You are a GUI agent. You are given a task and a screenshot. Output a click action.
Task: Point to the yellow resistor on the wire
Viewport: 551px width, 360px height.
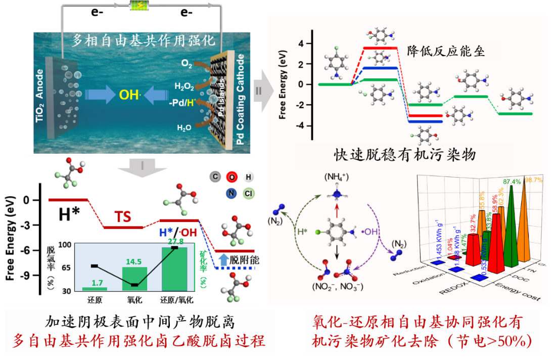[x=137, y=6]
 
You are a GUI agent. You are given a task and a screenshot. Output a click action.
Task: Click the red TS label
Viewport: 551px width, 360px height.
[x=122, y=217]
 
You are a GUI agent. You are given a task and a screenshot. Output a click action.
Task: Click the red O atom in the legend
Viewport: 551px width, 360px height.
[x=231, y=176]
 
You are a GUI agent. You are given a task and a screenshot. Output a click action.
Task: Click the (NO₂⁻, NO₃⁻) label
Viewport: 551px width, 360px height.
[x=340, y=287]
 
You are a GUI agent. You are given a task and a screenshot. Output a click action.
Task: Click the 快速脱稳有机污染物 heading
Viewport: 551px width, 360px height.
[x=405, y=154]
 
